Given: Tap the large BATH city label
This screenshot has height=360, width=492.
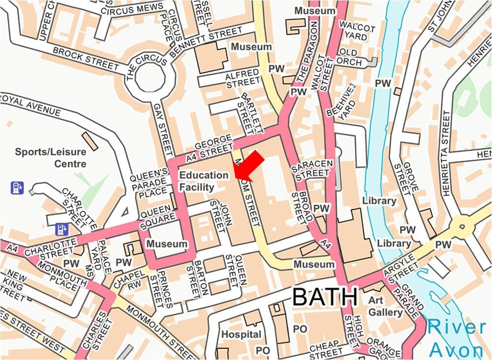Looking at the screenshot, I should pos(325,297).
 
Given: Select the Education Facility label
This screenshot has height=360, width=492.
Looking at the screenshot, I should pos(203,181).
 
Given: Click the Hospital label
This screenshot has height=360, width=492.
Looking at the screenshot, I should pos(241,334).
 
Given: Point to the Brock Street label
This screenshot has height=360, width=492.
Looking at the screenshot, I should pos(79,55).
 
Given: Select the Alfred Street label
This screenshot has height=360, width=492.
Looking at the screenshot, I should pos(242,79).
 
